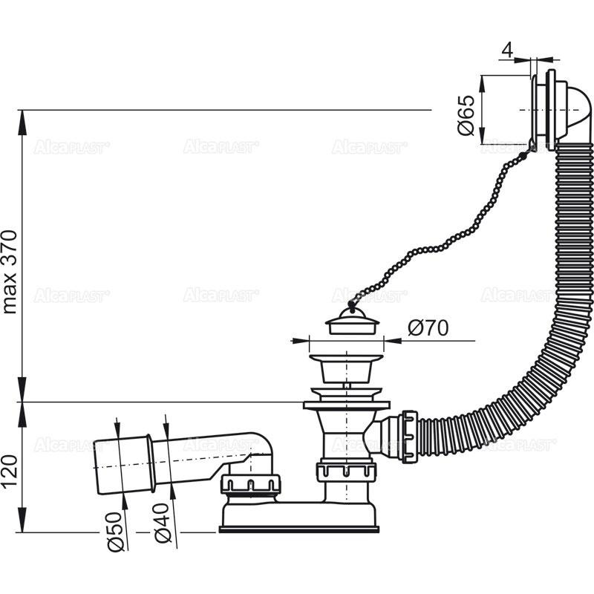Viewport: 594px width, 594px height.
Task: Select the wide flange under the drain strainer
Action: [x=346, y=405]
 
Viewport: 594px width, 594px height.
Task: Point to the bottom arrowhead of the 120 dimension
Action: [x=22, y=524]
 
